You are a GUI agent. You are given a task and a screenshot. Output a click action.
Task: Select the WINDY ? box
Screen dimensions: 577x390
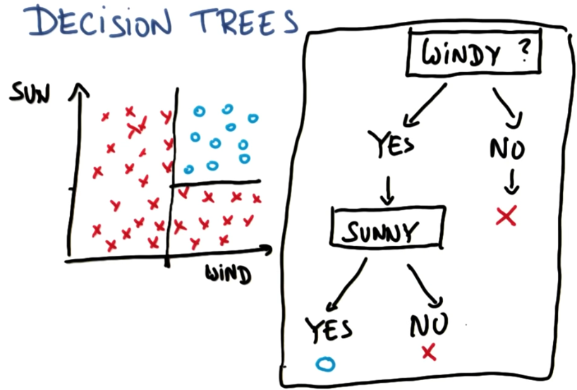coord(467,55)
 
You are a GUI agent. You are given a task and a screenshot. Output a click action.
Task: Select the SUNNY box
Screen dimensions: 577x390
coord(387,230)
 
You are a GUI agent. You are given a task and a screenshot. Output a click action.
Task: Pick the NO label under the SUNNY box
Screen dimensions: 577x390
coord(429,325)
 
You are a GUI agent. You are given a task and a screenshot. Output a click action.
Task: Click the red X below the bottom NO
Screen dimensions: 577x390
coord(427,351)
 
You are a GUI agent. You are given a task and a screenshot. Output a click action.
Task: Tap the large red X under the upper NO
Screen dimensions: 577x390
coord(506,215)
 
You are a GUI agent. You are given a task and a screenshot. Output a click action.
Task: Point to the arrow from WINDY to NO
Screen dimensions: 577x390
coord(506,104)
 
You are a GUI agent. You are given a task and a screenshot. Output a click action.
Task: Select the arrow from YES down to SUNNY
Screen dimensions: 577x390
coord(388,189)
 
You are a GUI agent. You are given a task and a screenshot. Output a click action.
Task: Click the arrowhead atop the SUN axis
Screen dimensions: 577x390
coord(80,90)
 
